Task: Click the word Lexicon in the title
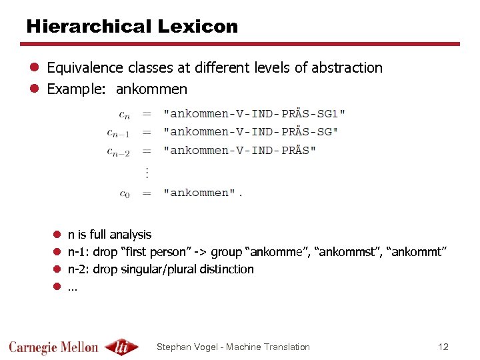pos(197,27)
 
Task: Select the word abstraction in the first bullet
pos(347,68)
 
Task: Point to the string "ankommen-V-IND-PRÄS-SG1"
pos(255,113)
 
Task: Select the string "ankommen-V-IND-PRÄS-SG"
pos(251,131)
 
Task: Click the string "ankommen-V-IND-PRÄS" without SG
pos(240,150)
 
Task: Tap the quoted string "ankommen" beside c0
pos(199,193)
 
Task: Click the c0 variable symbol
pos(125,193)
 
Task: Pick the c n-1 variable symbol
pos(119,133)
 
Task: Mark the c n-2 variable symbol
pos(119,151)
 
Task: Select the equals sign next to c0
pos(147,193)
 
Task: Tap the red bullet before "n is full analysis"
pos(57,235)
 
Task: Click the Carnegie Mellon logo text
pos(54,347)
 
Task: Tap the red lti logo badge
pos(123,347)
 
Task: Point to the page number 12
pos(443,347)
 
